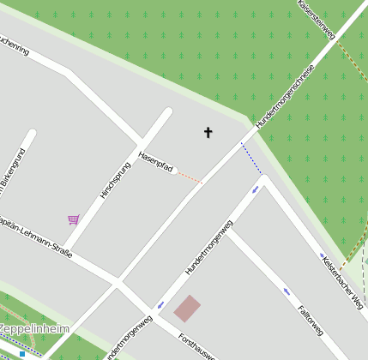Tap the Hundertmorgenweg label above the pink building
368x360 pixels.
(x=208, y=249)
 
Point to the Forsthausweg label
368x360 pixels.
(x=201, y=346)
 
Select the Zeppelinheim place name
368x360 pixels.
(x=33, y=329)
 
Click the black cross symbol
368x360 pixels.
(x=208, y=132)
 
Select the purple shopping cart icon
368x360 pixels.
(x=73, y=219)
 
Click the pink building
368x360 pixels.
(x=187, y=309)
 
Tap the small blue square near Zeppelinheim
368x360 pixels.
(x=22, y=353)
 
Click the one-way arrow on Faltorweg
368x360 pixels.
(x=287, y=291)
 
